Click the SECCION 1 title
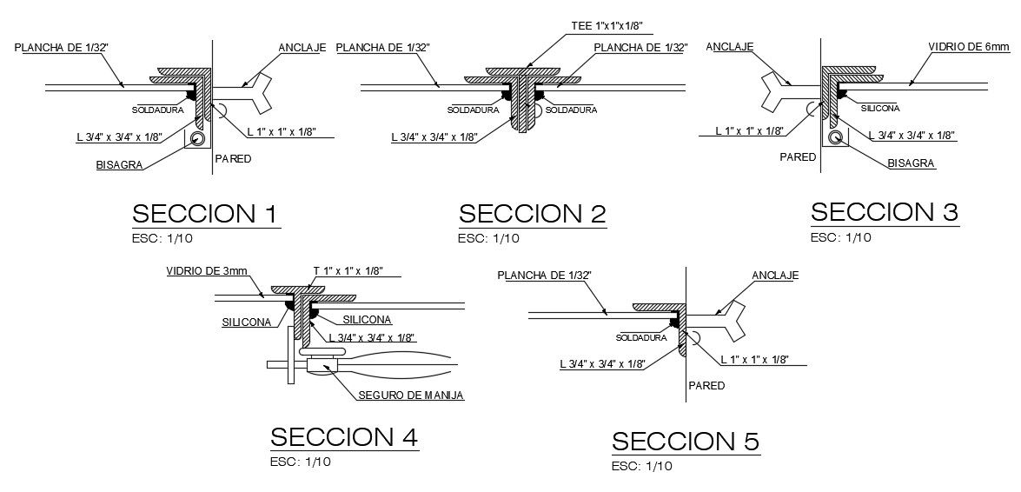(205, 214)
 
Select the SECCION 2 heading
(532, 214)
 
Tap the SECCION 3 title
(884, 212)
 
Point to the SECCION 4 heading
(345, 437)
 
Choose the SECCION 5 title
(686, 442)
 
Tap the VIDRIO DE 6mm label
(968, 46)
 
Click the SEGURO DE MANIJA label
(411, 396)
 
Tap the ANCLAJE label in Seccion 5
(774, 276)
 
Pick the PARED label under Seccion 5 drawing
(706, 385)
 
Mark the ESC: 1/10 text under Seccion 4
(300, 462)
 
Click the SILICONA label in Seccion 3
(879, 108)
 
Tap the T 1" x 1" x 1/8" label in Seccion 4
(348, 270)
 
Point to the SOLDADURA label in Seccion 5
(642, 337)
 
